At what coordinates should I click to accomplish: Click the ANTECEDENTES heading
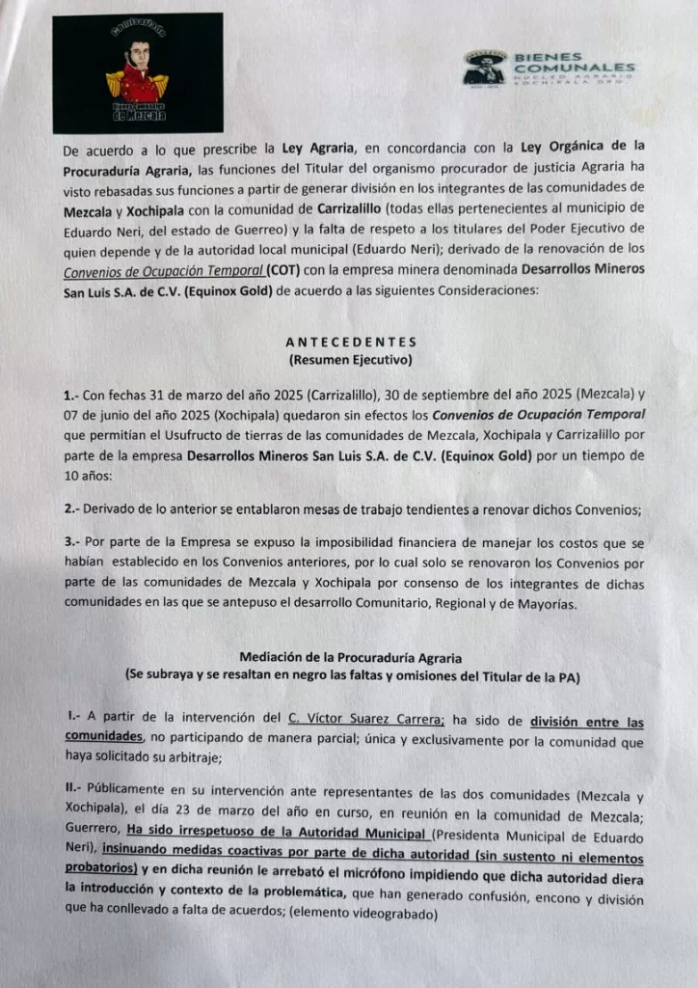click(351, 341)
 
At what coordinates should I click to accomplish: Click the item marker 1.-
click(71, 397)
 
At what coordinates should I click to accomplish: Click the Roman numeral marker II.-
click(71, 796)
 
